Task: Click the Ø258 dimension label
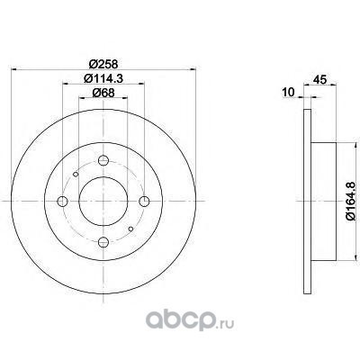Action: (x=103, y=64)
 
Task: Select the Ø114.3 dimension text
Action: (x=103, y=78)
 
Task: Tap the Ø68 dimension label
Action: (x=103, y=93)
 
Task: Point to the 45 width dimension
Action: (x=319, y=79)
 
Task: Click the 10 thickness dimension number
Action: (x=289, y=92)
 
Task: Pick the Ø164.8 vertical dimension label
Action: (x=351, y=201)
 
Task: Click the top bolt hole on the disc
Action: (x=103, y=160)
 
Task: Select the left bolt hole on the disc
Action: (x=62, y=201)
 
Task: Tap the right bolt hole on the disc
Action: (x=144, y=201)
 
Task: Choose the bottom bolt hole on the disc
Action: (x=103, y=242)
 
